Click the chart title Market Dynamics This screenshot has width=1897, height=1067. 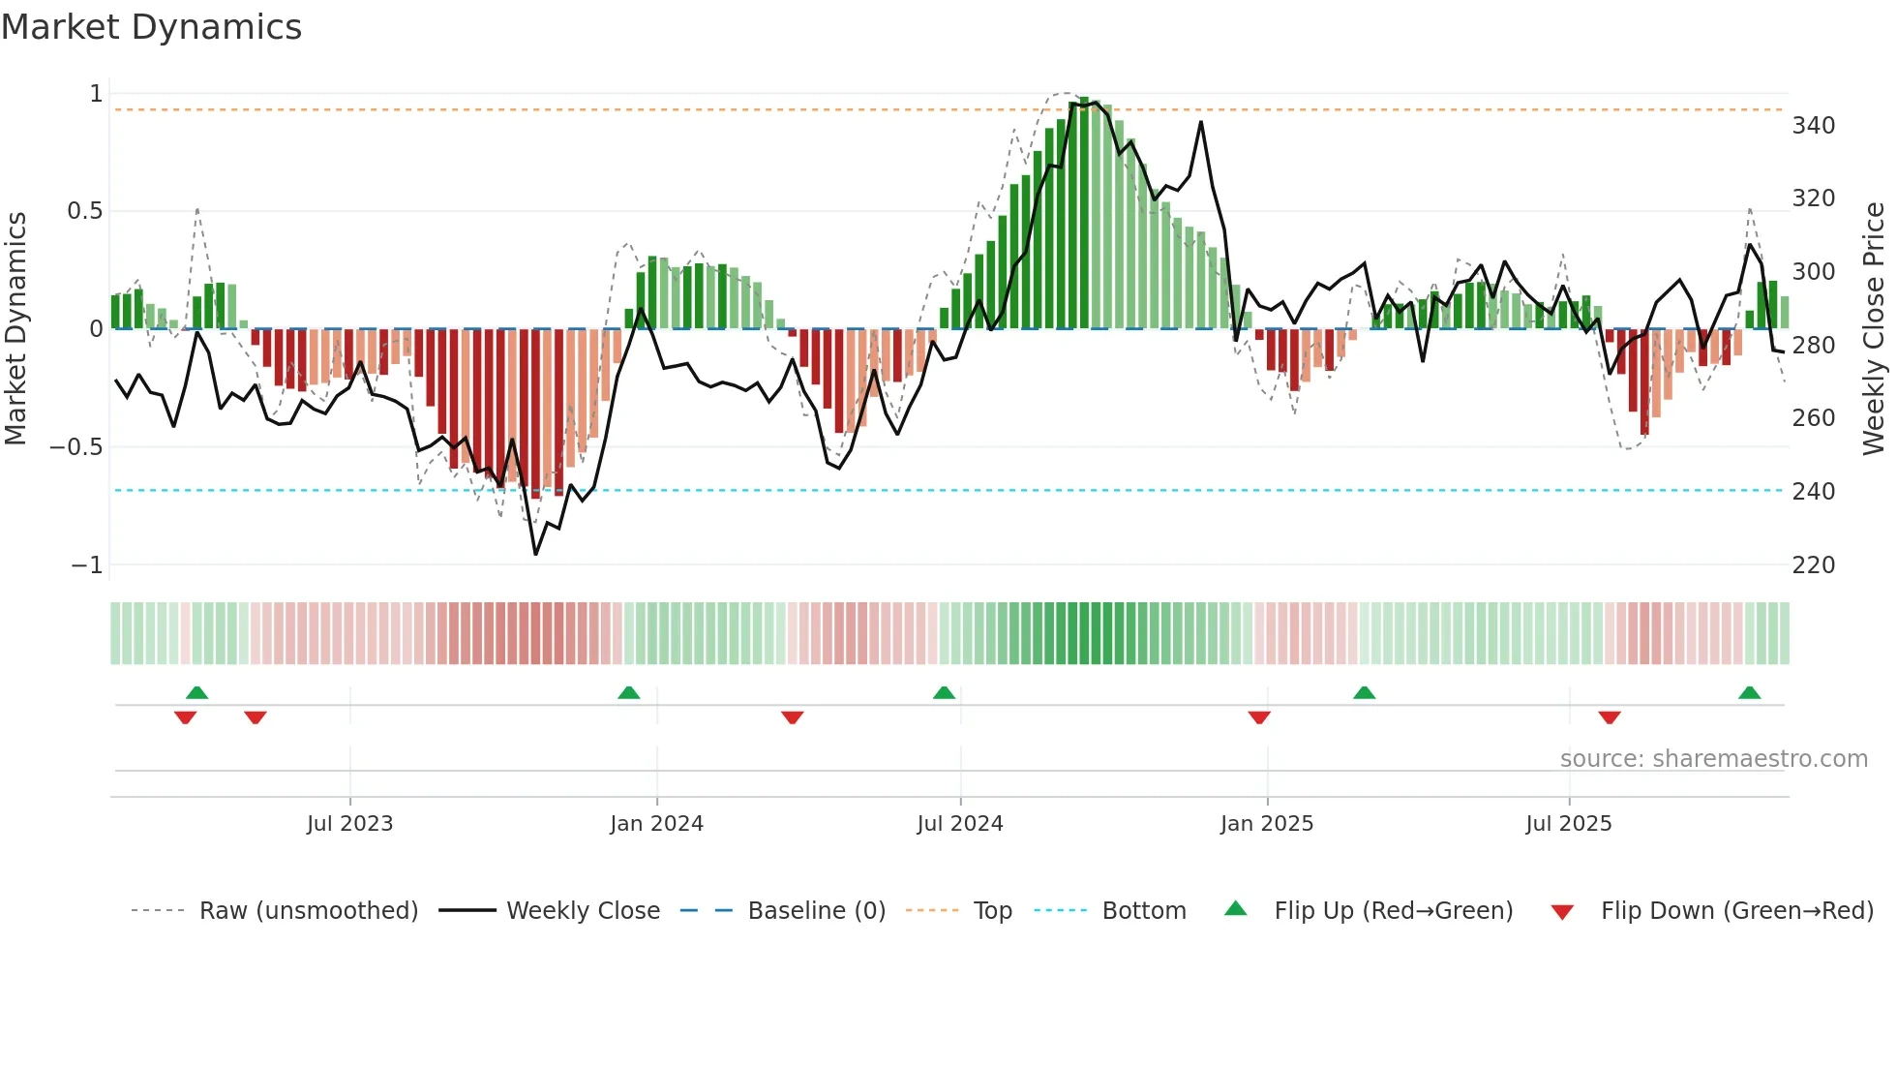152,27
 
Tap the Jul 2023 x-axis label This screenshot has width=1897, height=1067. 349,824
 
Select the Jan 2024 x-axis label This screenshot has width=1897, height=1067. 656,824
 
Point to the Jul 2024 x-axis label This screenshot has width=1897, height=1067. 959,824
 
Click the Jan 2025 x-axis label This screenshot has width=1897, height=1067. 1266,824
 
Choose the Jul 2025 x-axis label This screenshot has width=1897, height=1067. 1568,824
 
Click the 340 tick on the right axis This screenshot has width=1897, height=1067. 1813,126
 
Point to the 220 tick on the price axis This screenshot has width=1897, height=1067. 1813,565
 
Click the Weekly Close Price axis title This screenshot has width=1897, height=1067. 1874,329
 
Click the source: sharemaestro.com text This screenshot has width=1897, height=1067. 1713,759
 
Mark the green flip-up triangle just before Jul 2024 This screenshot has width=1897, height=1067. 944,692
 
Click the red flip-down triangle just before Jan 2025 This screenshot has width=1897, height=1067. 1258,717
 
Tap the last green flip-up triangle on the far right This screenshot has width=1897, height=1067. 1749,692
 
